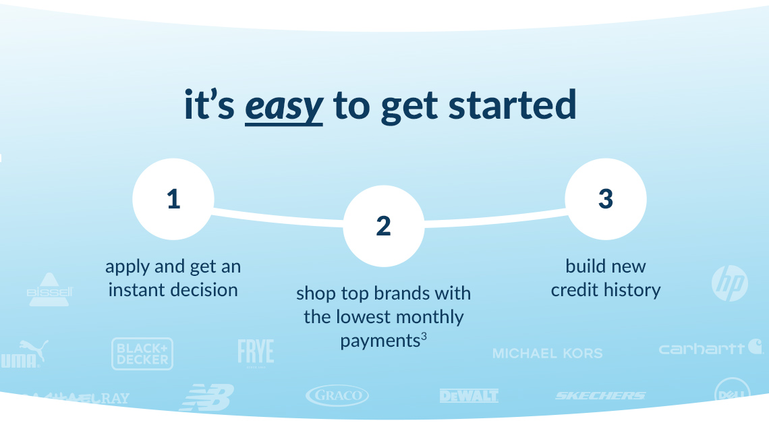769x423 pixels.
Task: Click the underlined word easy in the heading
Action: [x=283, y=106]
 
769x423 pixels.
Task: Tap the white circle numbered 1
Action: [x=173, y=199]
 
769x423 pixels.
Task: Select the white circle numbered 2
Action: [x=383, y=226]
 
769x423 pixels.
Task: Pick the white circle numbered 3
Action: [x=605, y=199]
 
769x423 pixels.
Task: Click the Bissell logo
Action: [x=49, y=289]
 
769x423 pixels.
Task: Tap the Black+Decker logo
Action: [x=142, y=354]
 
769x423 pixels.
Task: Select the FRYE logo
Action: [x=256, y=352]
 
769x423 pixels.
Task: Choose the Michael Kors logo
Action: [x=547, y=353]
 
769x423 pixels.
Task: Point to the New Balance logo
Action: [x=207, y=397]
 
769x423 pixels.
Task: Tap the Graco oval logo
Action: [x=337, y=395]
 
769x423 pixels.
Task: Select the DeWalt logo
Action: [x=469, y=395]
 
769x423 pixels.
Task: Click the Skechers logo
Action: [x=600, y=395]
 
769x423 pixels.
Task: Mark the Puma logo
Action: [x=24, y=354]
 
